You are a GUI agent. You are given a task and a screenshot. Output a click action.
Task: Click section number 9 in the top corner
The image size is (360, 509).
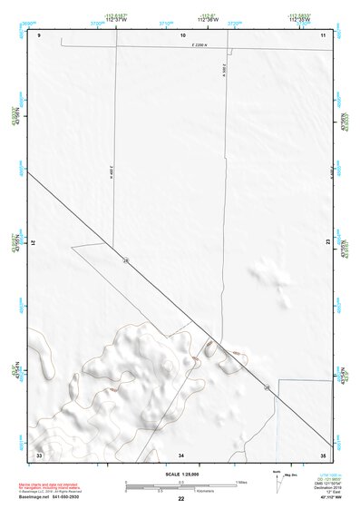tap(41, 34)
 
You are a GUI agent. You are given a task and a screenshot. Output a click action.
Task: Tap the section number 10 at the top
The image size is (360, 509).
tap(182, 34)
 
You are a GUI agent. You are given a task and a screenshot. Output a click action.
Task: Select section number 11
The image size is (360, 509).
tap(324, 34)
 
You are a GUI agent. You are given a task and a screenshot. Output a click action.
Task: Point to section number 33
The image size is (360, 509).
tap(39, 453)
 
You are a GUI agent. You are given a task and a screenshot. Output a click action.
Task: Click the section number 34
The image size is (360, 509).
tap(181, 453)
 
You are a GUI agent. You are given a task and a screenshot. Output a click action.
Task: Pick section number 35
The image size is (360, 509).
tap(323, 453)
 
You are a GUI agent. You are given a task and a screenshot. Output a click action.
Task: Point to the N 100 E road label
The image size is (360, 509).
tap(223, 70)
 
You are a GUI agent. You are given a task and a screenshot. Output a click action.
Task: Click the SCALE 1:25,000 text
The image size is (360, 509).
tap(182, 475)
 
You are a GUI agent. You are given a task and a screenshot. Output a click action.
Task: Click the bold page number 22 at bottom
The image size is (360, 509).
tap(181, 499)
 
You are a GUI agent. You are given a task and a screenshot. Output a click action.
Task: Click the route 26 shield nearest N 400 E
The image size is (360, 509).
tap(125, 261)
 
